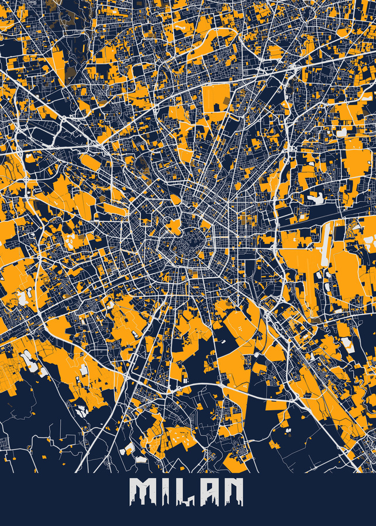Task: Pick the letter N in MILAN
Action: [232, 492]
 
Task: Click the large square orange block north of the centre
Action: [216, 99]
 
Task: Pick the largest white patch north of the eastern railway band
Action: [316, 199]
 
